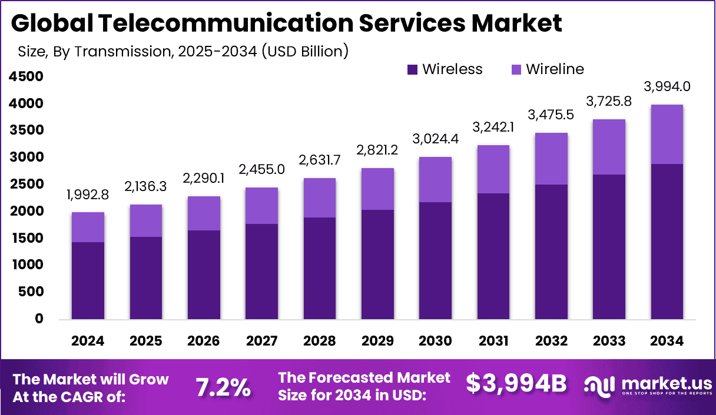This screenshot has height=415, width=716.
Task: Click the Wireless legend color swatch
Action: [412, 69]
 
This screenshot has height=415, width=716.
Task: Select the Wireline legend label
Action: [555, 69]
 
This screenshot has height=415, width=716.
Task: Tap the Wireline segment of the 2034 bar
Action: [667, 134]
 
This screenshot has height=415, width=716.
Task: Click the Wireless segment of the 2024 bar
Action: [88, 280]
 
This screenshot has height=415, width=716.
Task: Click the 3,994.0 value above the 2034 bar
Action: [667, 87]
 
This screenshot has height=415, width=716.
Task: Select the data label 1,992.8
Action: [88, 195]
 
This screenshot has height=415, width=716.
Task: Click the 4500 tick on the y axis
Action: [26, 76]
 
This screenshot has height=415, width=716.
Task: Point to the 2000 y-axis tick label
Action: [26, 211]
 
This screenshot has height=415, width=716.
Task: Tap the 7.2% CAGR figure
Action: [223, 387]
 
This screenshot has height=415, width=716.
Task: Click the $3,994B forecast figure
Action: [516, 383]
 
